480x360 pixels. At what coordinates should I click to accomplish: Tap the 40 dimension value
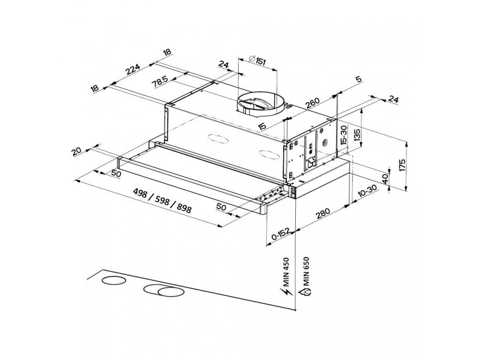click(x=385, y=179)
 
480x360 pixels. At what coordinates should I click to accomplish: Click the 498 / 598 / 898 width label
click(x=162, y=199)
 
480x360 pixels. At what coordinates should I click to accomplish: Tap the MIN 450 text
click(x=287, y=270)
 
